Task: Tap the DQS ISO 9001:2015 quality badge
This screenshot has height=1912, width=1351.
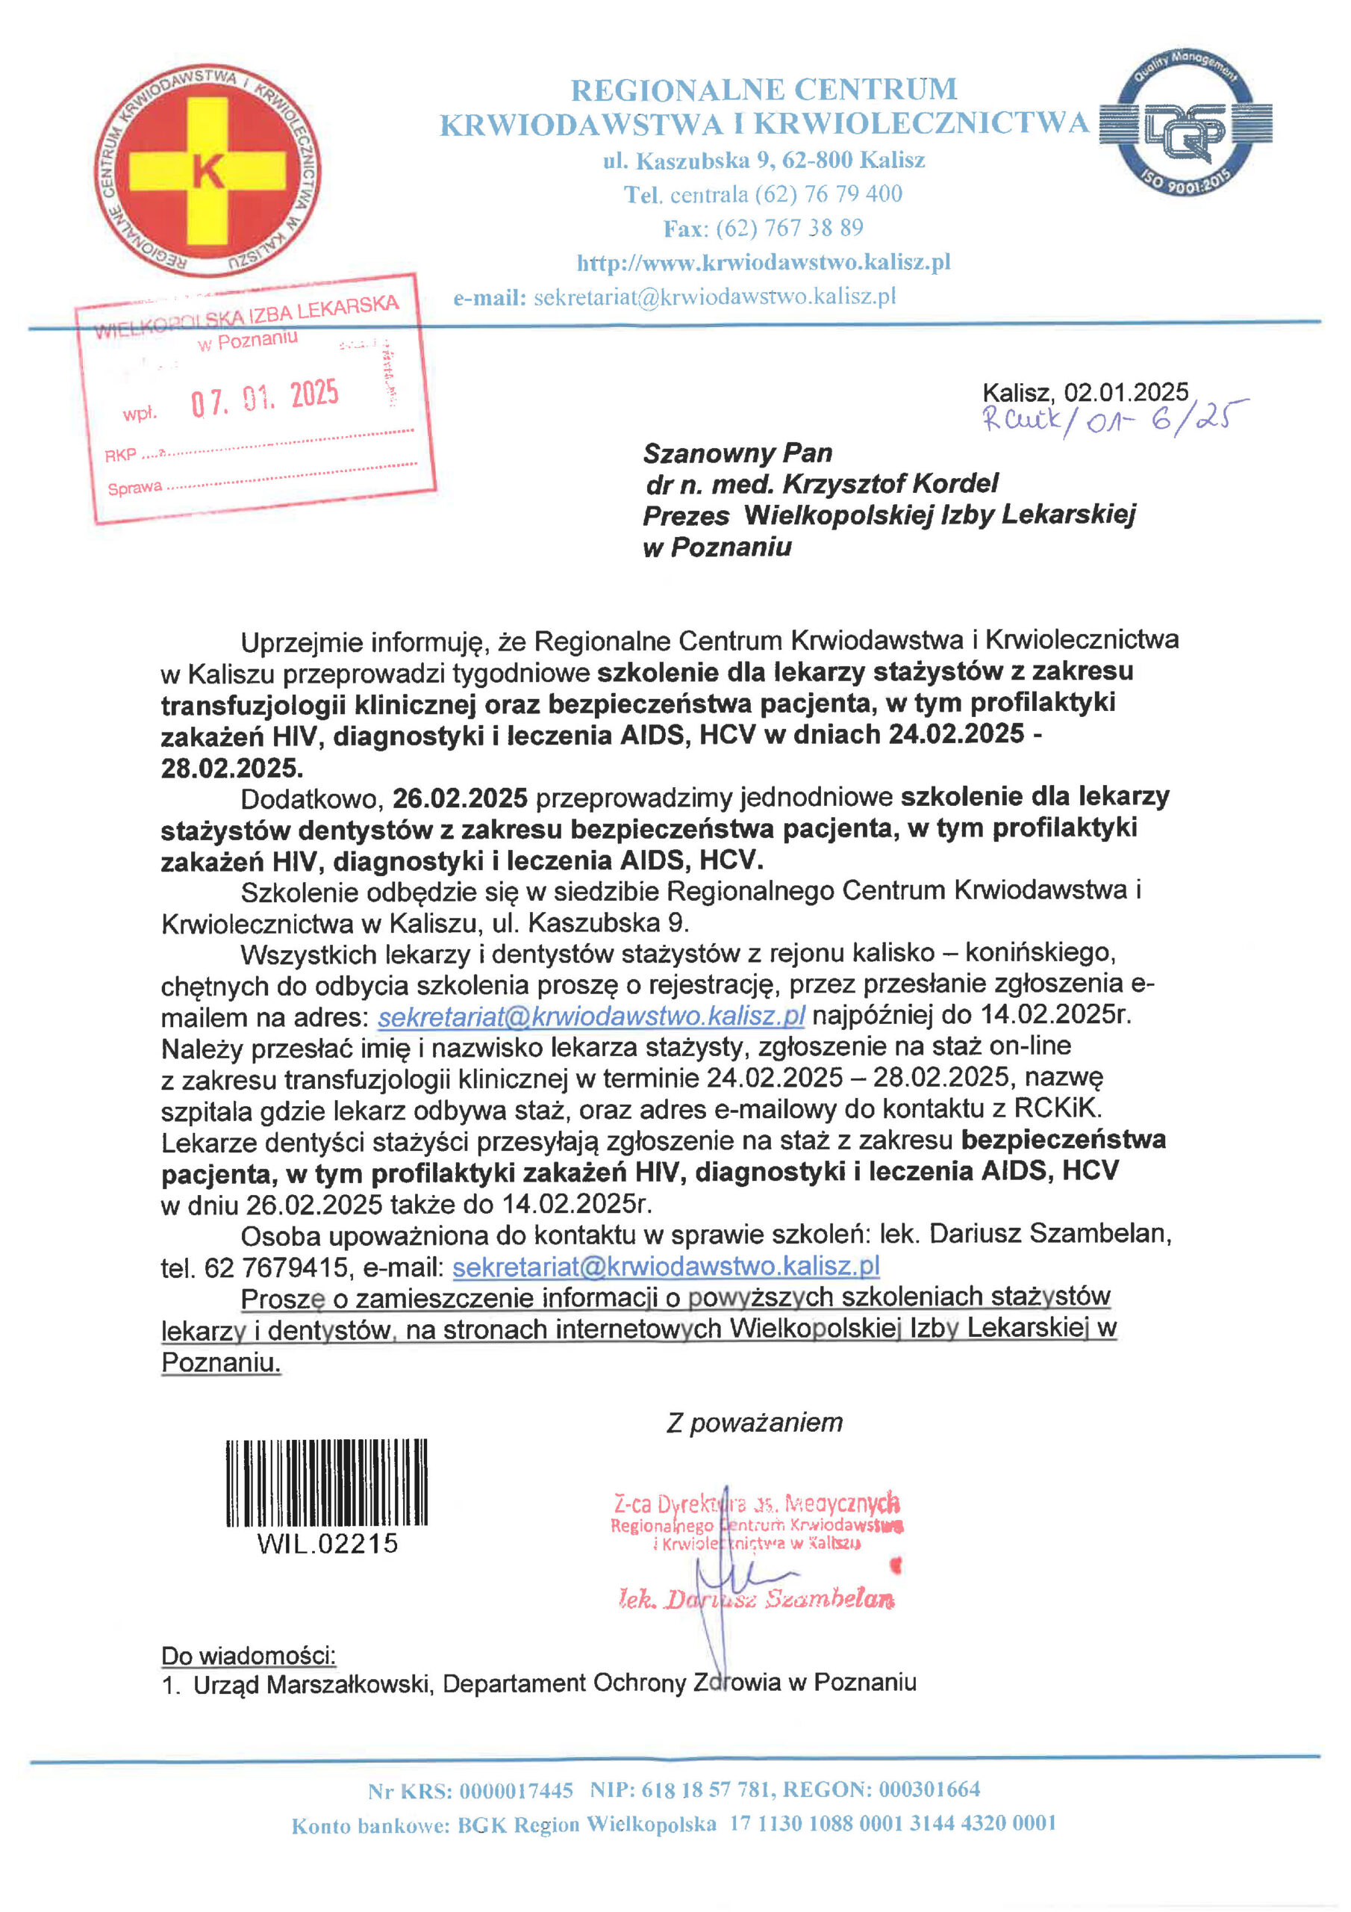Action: point(1185,126)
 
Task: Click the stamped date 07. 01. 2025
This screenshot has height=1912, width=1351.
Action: point(265,398)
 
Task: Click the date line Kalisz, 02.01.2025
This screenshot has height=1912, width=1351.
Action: point(1085,392)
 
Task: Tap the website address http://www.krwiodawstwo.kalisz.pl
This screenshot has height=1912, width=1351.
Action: point(764,263)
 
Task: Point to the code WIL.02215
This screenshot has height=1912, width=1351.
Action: point(327,1543)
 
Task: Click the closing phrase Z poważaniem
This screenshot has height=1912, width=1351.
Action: point(754,1422)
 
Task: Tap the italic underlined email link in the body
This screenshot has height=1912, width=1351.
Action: point(591,1016)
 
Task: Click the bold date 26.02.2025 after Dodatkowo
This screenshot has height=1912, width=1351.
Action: point(460,798)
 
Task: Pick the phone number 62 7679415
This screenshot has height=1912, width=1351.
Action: point(275,1267)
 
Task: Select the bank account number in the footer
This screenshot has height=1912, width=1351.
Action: point(893,1824)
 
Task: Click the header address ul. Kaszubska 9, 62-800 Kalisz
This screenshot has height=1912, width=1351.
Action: point(764,160)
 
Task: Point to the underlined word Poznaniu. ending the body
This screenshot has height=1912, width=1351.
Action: point(221,1362)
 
